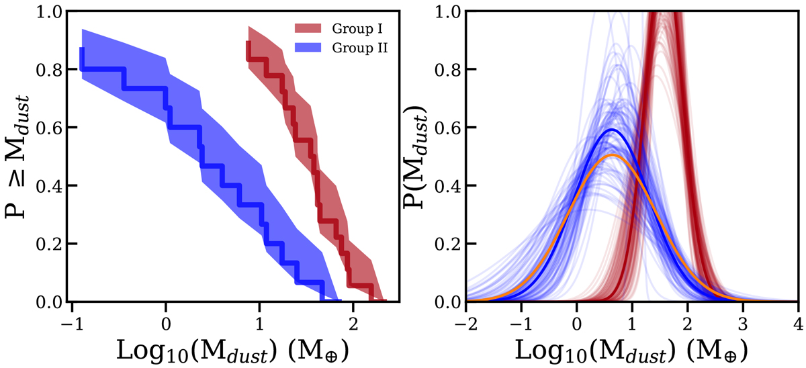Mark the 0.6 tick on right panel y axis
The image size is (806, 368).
tap(443, 128)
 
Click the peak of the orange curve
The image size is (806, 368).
tap(612, 155)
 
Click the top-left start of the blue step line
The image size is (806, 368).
tap(81, 49)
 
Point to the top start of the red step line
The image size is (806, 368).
tap(248, 42)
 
